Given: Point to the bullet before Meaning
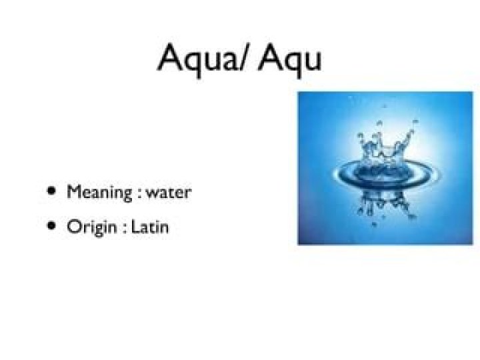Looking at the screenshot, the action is [52, 191].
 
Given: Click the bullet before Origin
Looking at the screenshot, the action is [52, 226].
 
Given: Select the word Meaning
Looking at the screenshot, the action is [99, 193].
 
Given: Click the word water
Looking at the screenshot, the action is [169, 193].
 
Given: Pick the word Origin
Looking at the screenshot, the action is [92, 228].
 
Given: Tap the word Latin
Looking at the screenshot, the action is [150, 227].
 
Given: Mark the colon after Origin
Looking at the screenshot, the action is [124, 229].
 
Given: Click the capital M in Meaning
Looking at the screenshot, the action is [75, 191].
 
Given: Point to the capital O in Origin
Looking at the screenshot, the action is [73, 227].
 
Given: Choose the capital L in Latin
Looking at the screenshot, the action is [135, 227].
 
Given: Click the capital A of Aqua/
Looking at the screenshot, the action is [170, 57].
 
